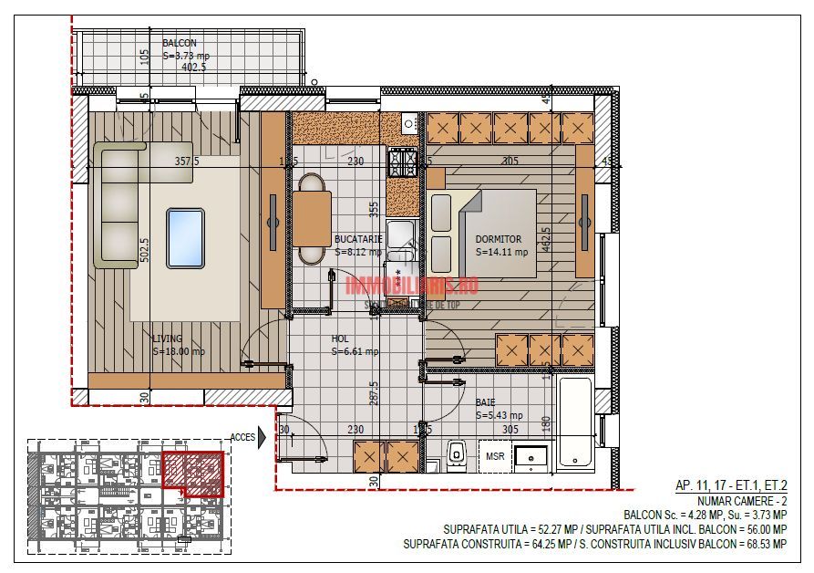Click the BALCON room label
coord(179,43)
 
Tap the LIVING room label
coord(167,339)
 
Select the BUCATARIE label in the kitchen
coord(357,239)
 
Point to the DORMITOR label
coord(499,239)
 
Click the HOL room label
coord(340,339)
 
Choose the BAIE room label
coord(486,402)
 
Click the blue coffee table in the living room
coord(185,238)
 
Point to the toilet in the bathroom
coord(458,453)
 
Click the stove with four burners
coord(404,162)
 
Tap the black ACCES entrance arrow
coord(263,437)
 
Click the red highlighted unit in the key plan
coord(192,473)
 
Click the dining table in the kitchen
coord(312,220)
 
